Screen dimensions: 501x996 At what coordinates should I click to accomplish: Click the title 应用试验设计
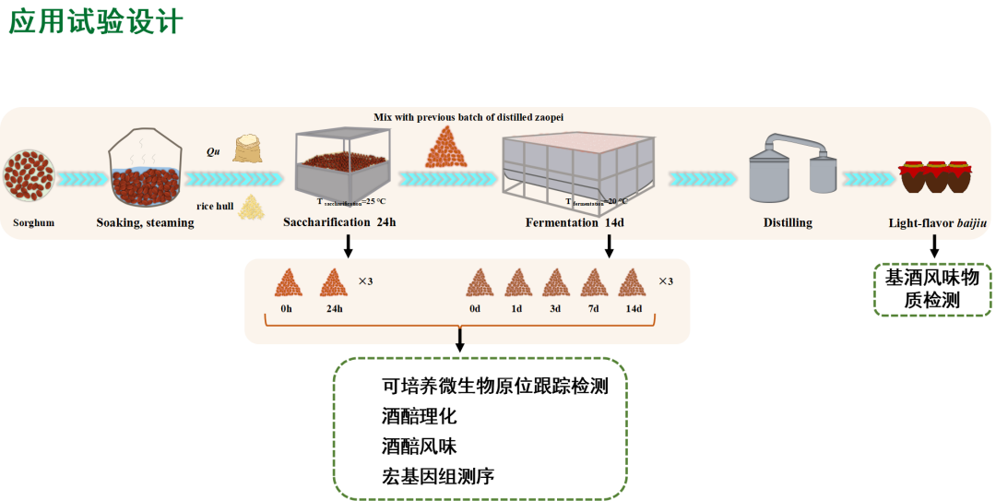point(96,22)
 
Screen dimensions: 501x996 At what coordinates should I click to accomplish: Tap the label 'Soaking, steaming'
point(146,222)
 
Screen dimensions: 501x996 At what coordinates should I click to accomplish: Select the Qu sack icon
point(247,149)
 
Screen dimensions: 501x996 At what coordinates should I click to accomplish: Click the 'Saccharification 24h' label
point(339,222)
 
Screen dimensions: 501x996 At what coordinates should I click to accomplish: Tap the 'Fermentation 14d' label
point(575,222)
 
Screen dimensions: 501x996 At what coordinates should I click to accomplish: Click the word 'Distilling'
point(788,222)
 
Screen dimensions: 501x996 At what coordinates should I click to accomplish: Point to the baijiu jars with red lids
point(936,176)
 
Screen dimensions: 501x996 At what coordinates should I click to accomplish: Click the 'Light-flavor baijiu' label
point(936,222)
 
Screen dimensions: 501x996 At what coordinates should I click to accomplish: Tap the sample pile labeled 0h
point(289,282)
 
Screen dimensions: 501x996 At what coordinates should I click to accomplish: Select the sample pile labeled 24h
point(333,282)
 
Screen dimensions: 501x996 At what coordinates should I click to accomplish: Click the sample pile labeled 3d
point(555,282)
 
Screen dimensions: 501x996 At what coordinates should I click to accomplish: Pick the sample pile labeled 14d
point(633,282)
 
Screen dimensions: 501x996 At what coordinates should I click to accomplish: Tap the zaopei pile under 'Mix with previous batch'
point(446,148)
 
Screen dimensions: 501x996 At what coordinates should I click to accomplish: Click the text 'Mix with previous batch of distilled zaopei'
point(468,117)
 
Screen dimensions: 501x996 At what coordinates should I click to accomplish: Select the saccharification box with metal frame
point(342,166)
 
